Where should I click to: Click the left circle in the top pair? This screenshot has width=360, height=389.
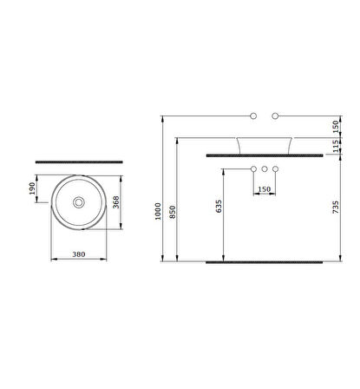252,115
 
